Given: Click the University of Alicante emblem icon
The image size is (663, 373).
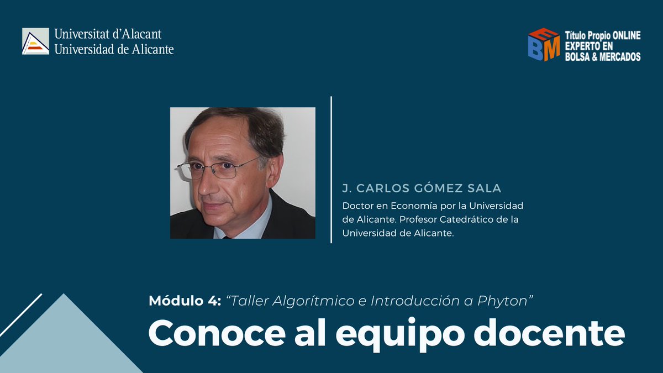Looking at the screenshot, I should tap(35, 41).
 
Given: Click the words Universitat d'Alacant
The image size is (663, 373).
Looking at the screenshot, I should tap(108, 34).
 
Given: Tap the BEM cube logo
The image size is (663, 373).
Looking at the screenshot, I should tap(544, 44).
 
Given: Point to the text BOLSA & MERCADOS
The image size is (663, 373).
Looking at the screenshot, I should tap(603, 56).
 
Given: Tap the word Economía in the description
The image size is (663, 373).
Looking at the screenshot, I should tap(406, 206).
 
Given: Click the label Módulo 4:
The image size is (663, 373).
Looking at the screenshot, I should tap(185, 301).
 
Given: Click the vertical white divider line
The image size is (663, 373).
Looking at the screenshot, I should tap(331, 169).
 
